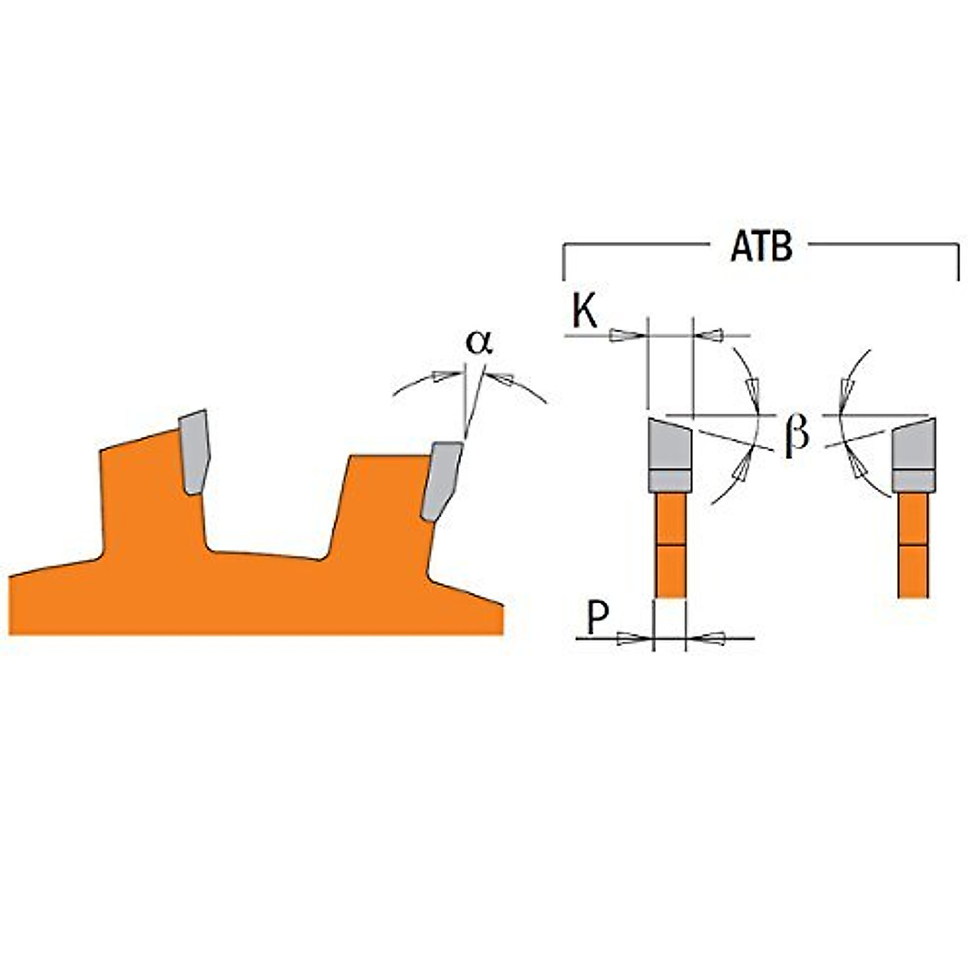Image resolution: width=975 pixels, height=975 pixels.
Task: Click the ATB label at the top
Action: pos(761,248)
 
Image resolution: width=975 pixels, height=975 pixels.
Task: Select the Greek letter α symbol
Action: pos(479,343)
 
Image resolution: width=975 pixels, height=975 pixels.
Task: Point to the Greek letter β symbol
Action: pos(797,435)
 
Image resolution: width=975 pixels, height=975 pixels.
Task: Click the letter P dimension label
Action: pos(598,620)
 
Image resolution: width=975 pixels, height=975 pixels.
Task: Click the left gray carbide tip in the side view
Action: pos(193,451)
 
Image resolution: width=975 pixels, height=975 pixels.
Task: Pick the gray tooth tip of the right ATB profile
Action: pos(914,455)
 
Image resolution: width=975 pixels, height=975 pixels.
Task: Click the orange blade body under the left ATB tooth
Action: pos(669,544)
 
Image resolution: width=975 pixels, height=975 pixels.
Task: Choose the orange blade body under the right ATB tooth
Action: pos(913,544)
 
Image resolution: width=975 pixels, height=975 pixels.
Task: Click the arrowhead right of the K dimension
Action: pos(712,335)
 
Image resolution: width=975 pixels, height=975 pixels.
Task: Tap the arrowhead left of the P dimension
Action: pos(628,639)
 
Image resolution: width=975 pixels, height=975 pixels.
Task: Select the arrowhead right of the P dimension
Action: pos(713,639)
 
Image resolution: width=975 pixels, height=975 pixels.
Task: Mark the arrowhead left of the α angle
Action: pos(444,376)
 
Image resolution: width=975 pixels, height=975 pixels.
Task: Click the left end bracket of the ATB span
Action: pos(564,260)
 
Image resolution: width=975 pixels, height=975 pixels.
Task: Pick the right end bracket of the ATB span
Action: pos(959,260)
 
